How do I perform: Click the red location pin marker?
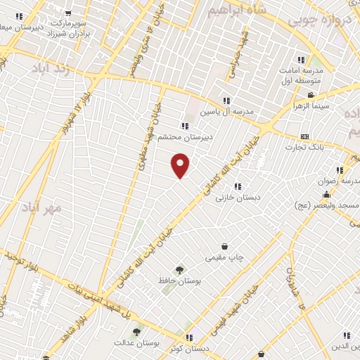181,165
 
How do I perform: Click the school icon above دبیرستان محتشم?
185,126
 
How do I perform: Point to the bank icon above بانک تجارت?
304,136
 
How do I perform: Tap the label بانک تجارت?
304,147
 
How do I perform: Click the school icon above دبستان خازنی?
238,186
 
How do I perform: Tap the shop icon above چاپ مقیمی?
224,246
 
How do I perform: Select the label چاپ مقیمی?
224,257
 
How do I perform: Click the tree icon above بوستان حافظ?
180,269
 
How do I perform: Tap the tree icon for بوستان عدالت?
136,332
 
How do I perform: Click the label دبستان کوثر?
193,349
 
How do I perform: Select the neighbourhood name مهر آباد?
60,208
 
